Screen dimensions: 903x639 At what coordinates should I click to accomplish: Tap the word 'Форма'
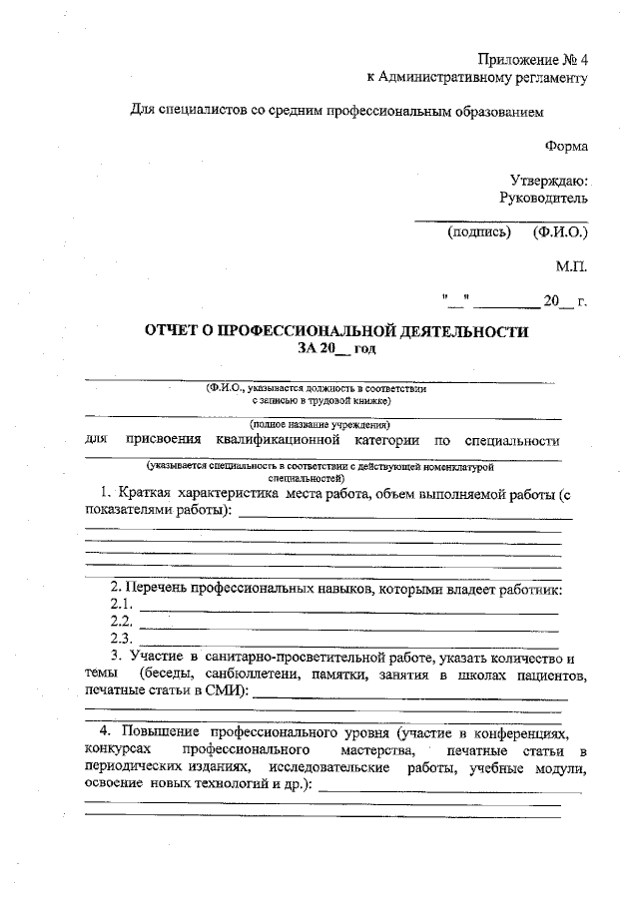click(566, 146)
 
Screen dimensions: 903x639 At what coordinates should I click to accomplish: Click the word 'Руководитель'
click(544, 199)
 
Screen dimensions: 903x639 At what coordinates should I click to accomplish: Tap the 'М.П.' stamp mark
click(572, 266)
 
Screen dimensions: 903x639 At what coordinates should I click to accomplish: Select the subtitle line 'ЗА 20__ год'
click(335, 348)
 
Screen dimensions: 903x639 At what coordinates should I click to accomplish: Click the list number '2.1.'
click(121, 606)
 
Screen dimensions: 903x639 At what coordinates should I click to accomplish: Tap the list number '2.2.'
click(121, 622)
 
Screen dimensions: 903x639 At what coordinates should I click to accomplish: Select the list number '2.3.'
click(121, 638)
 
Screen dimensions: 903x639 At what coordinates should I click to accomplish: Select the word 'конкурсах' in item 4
click(119, 750)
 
